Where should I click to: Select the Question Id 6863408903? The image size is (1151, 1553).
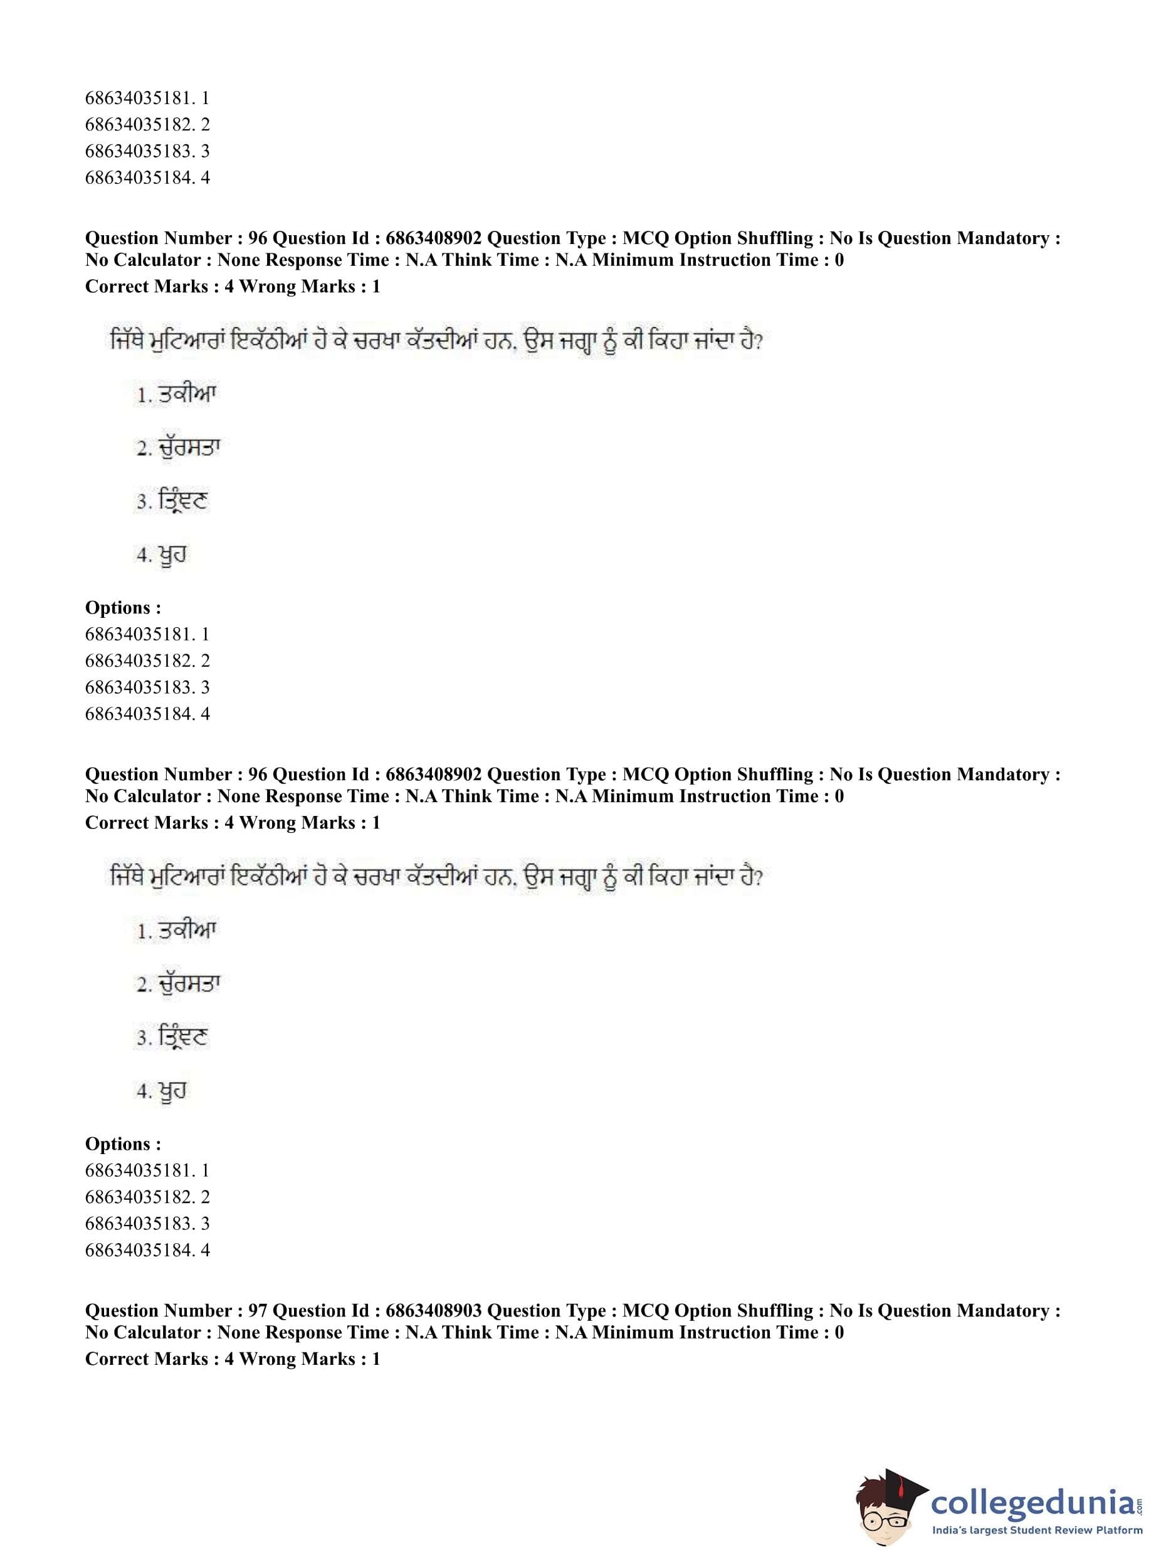[x=433, y=1310]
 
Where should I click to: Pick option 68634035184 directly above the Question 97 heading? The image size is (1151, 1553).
[x=147, y=1250]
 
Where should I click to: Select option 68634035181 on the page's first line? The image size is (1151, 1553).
[x=147, y=98]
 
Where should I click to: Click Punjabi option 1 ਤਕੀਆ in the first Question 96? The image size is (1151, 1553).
[x=177, y=395]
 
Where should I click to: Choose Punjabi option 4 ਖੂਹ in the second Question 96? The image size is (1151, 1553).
[x=162, y=1091]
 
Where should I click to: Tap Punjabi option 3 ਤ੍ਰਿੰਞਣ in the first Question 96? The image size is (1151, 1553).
[x=172, y=501]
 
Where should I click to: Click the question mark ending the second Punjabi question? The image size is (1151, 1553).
[x=759, y=877]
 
